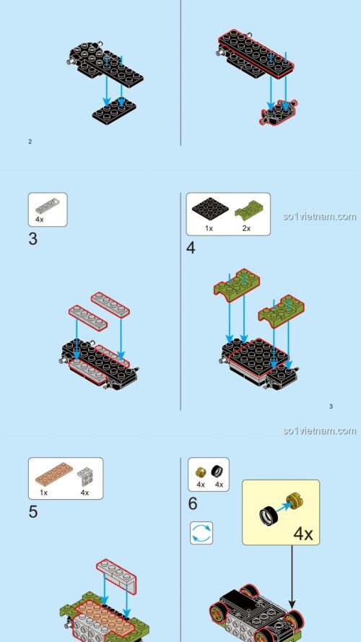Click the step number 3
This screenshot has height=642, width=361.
(x=33, y=239)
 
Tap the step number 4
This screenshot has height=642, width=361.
(x=191, y=248)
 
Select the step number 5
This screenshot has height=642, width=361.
(x=33, y=512)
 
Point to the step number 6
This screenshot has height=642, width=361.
(x=193, y=503)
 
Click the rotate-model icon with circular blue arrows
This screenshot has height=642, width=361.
(x=201, y=534)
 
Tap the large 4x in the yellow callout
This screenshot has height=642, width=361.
(x=304, y=535)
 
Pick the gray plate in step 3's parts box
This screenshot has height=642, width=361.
(x=48, y=204)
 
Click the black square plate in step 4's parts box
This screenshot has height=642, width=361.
(x=209, y=210)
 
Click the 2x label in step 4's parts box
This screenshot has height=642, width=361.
(x=245, y=227)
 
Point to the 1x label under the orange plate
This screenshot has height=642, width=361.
(x=43, y=493)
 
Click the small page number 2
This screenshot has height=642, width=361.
(x=30, y=142)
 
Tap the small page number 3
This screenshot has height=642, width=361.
(x=331, y=407)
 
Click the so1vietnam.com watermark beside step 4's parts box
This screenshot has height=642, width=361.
(x=319, y=216)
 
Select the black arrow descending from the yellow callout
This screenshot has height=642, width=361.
(x=292, y=578)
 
